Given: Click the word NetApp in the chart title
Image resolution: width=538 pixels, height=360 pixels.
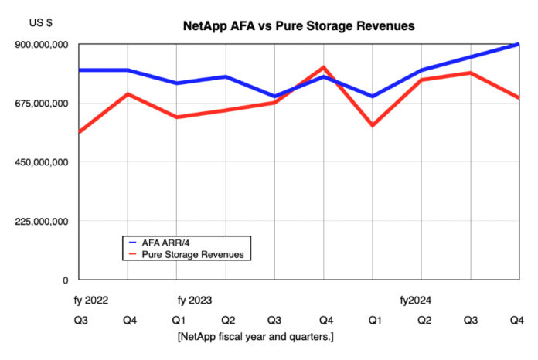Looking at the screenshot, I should click(x=204, y=25).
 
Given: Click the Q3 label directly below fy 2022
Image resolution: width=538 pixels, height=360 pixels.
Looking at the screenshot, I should click(x=80, y=319).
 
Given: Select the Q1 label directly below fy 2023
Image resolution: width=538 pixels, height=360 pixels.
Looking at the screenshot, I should click(x=178, y=319).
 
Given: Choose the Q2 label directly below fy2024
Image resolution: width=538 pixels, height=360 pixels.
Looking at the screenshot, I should click(x=421, y=319).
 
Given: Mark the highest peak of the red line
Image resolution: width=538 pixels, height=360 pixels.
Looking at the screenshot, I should click(x=324, y=67).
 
